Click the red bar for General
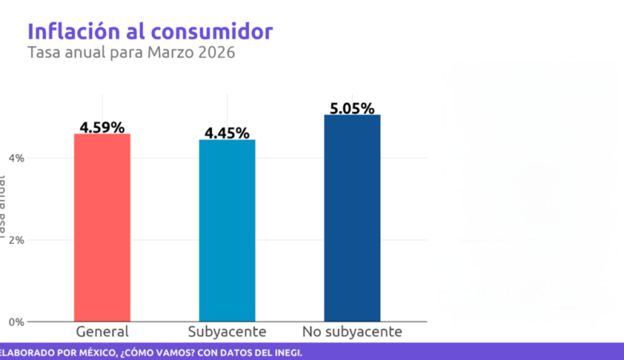(x=102, y=227)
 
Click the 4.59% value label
(x=102, y=127)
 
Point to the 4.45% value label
(x=226, y=133)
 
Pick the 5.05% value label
(x=352, y=108)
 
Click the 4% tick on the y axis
(x=16, y=158)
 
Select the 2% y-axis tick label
(x=16, y=240)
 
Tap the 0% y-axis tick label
(x=16, y=322)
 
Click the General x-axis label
(x=102, y=331)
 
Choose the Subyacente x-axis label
(x=226, y=332)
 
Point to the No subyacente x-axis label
(x=352, y=331)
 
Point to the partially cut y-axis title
(x=3, y=208)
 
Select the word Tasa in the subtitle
(x=43, y=54)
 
